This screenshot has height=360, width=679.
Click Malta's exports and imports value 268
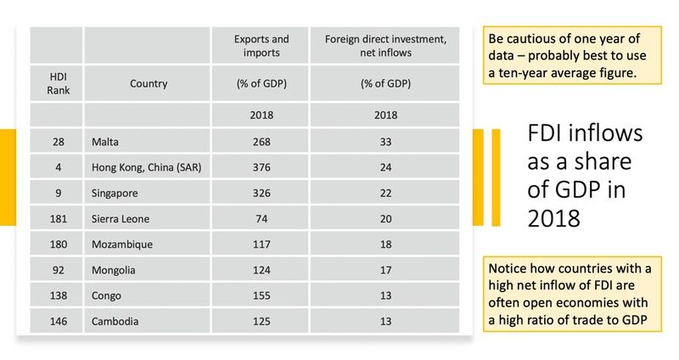click(x=261, y=142)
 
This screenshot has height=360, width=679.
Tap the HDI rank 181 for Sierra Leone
click(x=58, y=219)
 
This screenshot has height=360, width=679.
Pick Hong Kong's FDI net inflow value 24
click(x=385, y=167)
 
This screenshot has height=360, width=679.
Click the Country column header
click(x=149, y=83)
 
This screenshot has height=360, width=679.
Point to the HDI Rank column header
click(x=58, y=83)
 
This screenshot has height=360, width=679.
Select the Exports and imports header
click(x=261, y=46)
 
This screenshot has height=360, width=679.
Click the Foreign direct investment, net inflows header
click(x=385, y=46)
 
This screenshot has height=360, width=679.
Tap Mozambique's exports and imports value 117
click(x=261, y=245)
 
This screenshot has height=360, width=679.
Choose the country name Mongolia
click(x=114, y=270)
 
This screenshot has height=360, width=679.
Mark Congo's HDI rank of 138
click(x=58, y=295)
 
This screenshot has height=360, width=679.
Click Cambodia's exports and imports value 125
click(x=261, y=322)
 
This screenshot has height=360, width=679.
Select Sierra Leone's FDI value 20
click(x=385, y=219)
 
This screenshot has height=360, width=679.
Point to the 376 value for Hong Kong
click(x=261, y=167)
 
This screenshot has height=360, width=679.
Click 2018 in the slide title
click(x=554, y=218)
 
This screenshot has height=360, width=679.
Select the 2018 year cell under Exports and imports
click(x=261, y=115)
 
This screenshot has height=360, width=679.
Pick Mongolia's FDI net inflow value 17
click(x=385, y=270)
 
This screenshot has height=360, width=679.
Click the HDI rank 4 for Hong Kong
click(x=58, y=167)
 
